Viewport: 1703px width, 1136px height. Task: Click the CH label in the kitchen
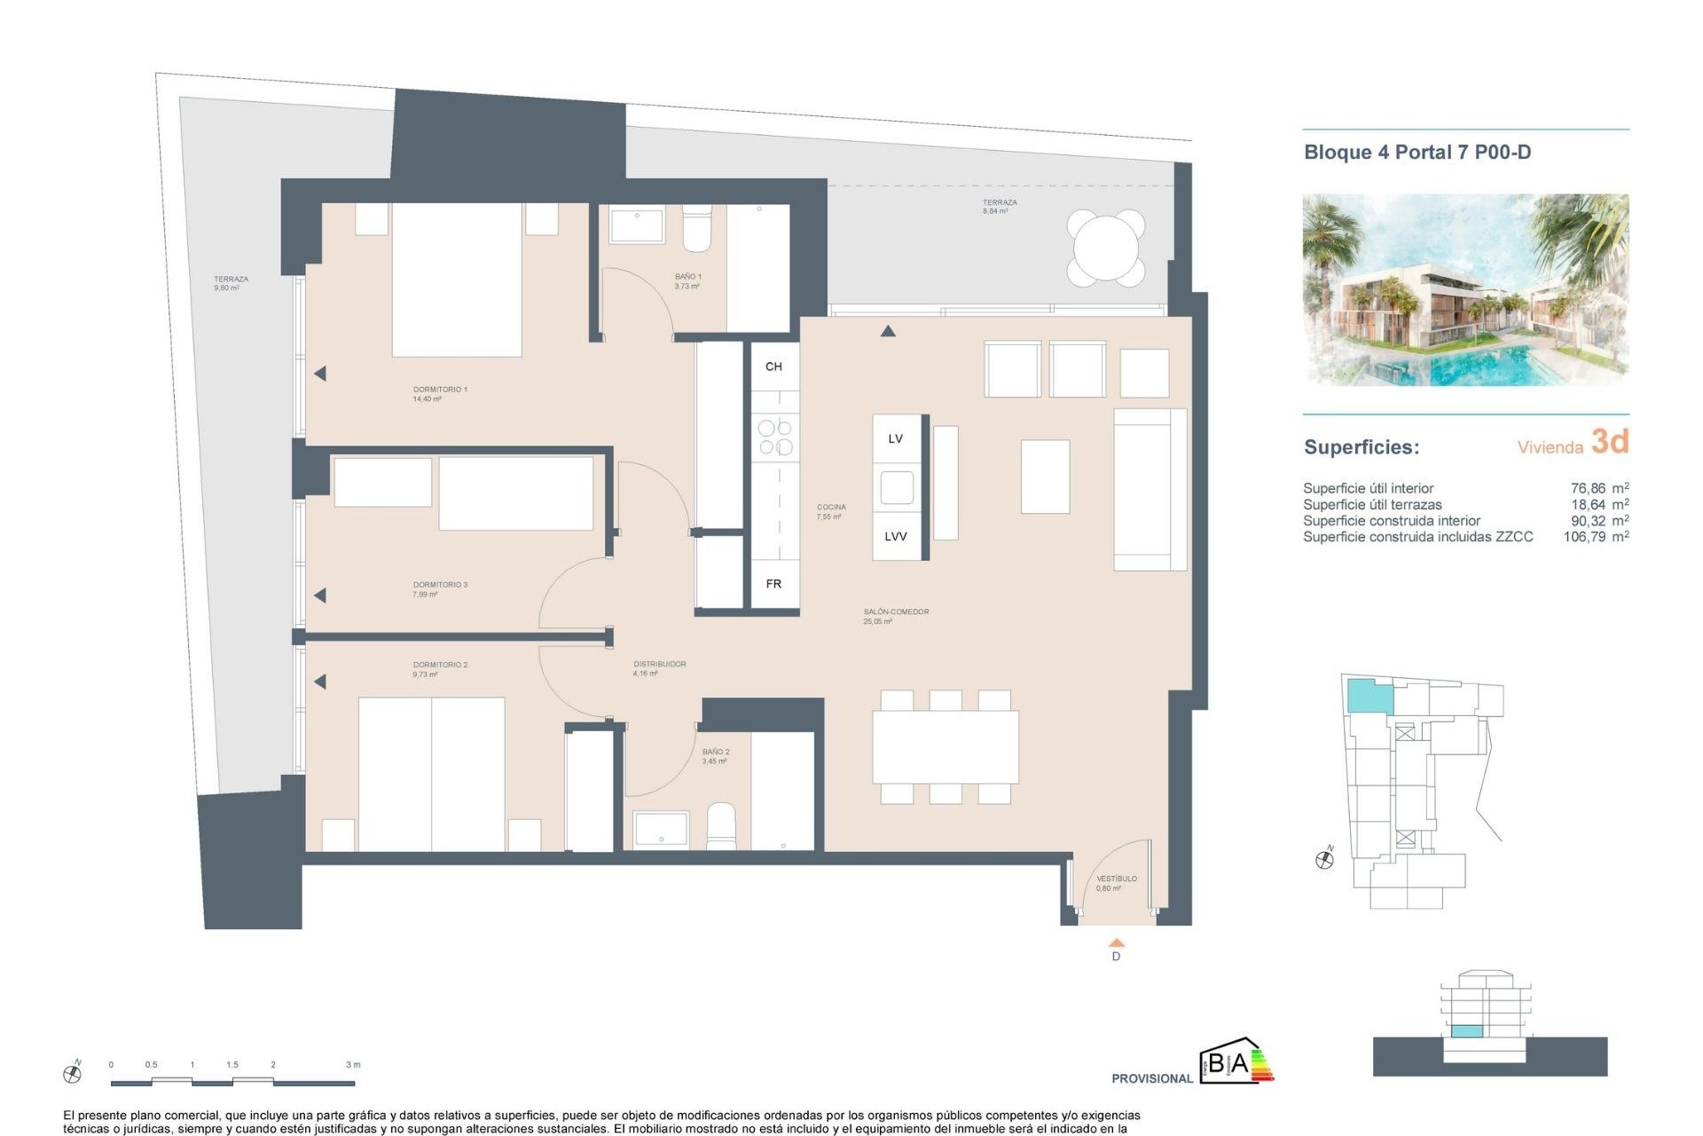click(773, 367)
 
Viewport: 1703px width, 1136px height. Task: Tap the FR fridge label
click(773, 584)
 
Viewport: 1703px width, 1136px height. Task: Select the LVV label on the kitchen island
click(895, 536)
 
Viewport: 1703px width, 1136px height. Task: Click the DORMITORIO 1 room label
click(440, 390)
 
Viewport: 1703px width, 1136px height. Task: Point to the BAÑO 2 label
click(715, 752)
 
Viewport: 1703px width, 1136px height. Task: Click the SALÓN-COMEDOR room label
click(896, 611)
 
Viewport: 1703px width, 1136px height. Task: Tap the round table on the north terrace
click(1105, 248)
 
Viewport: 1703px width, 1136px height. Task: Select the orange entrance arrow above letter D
click(1117, 943)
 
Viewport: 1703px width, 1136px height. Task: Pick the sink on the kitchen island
click(896, 487)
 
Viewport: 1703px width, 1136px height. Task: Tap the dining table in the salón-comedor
click(945, 746)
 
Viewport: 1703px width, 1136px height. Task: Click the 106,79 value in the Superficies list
click(1584, 537)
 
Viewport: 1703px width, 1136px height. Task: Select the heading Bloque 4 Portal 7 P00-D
click(1417, 152)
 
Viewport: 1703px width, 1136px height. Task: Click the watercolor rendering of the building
click(1464, 289)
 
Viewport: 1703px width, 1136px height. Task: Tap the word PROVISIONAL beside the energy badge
click(1151, 1078)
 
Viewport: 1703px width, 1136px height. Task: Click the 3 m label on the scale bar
click(353, 1064)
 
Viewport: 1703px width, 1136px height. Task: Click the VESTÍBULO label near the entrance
click(1116, 879)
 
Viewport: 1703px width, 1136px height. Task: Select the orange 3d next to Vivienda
click(1609, 441)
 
